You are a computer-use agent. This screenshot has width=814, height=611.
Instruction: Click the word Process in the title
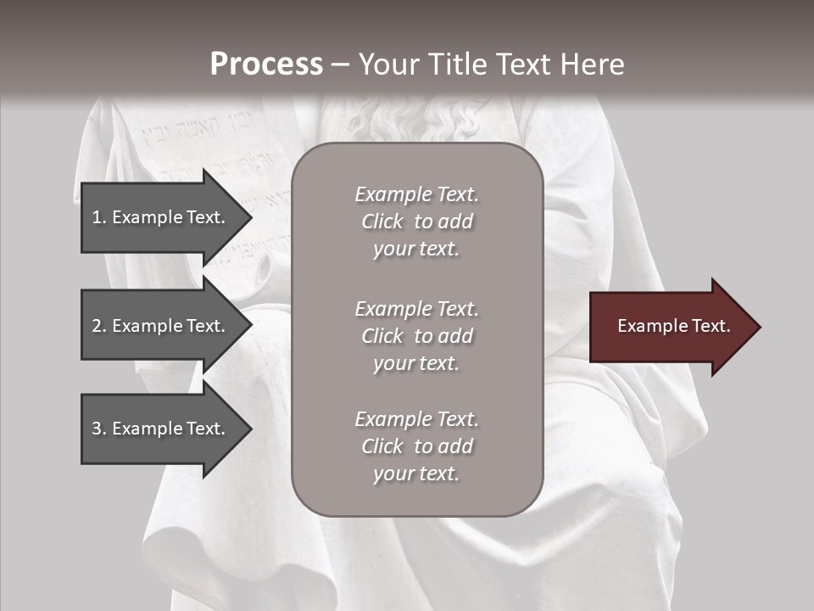[x=266, y=64]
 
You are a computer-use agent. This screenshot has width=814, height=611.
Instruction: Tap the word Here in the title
[x=591, y=64]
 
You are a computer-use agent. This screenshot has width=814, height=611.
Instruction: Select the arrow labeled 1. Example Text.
[x=161, y=217]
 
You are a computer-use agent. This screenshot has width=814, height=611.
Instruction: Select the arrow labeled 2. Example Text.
[x=161, y=326]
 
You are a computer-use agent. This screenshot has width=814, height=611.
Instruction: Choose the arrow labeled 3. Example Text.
[x=161, y=429]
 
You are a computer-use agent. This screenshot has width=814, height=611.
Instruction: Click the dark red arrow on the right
[x=670, y=327]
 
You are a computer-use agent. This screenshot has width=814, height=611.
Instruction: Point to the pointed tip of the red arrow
[x=759, y=327]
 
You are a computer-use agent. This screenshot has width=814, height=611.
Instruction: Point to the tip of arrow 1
[x=251, y=217]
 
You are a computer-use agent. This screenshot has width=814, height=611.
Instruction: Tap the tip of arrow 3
[x=251, y=429]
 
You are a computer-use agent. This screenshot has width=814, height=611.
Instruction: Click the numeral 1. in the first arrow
[x=98, y=217]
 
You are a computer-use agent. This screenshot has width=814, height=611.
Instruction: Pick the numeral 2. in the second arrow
[x=98, y=326]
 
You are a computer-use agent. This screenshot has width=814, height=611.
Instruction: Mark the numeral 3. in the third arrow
[x=98, y=429]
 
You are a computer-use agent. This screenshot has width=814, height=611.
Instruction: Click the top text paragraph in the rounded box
[x=416, y=221]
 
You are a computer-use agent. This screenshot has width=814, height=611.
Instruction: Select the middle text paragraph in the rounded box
[x=416, y=336]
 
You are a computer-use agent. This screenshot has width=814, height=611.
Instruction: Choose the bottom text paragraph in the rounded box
[x=416, y=446]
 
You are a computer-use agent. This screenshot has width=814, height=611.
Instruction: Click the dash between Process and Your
[x=340, y=64]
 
